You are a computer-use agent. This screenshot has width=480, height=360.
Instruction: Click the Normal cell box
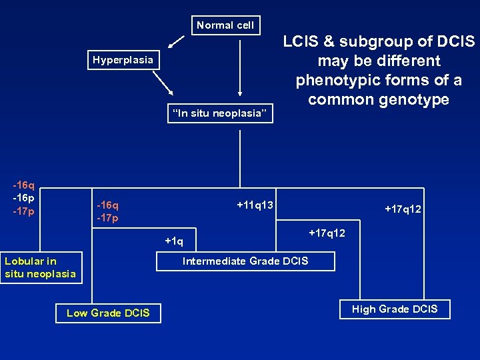[225, 25]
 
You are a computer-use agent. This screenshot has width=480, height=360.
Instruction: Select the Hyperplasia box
[123, 60]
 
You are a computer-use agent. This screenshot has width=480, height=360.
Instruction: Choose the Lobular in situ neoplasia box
[41, 267]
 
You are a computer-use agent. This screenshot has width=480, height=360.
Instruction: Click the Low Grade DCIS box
[108, 313]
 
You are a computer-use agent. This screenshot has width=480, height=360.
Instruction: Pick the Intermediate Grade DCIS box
[245, 261]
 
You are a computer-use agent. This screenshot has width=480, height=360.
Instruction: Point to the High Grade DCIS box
[395, 309]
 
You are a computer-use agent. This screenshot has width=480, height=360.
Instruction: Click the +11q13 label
[255, 205]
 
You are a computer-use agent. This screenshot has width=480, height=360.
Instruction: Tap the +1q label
[174, 241]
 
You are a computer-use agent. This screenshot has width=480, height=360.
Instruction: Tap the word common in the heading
[339, 99]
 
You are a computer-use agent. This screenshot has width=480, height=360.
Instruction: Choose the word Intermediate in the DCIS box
[216, 261]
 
